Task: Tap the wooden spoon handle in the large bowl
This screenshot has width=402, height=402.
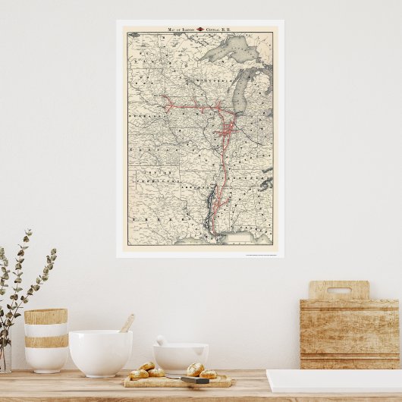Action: (127, 323)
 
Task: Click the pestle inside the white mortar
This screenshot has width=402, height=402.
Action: (162, 341)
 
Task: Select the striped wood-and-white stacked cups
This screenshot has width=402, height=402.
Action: (46, 339)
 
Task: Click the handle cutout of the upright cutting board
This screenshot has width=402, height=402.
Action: (338, 290)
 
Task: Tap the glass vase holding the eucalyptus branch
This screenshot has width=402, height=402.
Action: (5, 356)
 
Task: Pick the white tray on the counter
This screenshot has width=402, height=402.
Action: (334, 381)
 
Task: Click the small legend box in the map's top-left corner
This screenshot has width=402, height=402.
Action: (134, 35)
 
